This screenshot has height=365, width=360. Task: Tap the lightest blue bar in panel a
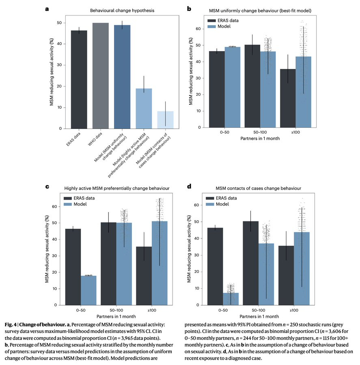[x=165, y=120]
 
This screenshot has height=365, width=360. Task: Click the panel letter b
[x=189, y=8]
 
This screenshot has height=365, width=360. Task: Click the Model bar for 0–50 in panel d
[x=231, y=299]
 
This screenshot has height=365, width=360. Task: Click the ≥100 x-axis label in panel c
[x=151, y=310]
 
